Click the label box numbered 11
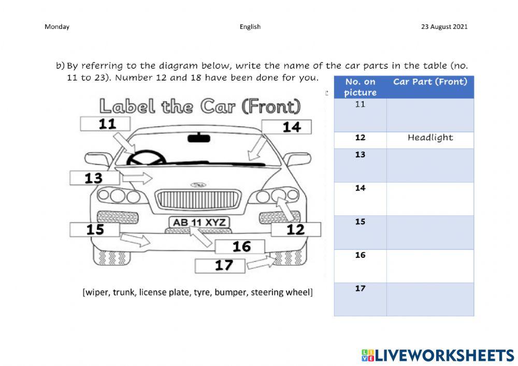tap(105, 124)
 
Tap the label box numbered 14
tap(286, 127)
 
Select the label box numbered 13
tap(95, 178)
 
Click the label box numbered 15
tap(95, 229)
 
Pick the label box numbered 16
tap(240, 246)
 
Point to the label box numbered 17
tap(220, 266)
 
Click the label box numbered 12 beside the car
tap(296, 229)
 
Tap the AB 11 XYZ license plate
tap(199, 222)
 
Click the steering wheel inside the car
tap(146, 157)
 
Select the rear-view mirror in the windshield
tap(198, 138)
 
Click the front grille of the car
tap(198, 199)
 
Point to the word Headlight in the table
tap(430, 138)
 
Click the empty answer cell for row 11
tap(430, 115)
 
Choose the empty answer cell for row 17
tap(430, 299)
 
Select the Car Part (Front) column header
tap(430, 82)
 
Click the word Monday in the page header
tap(57, 27)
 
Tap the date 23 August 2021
tap(444, 27)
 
